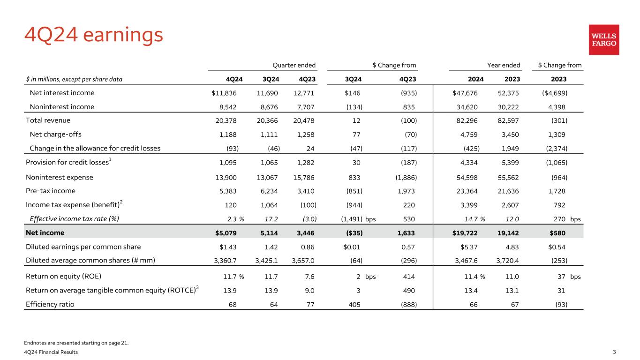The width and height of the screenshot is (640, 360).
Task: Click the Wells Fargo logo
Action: (x=603, y=40)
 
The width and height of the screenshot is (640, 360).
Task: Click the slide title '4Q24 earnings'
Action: (x=93, y=36)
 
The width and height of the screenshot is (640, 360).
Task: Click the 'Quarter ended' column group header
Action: (x=294, y=65)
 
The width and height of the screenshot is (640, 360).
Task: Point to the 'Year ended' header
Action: (x=504, y=65)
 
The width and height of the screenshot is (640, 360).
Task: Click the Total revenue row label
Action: (x=48, y=120)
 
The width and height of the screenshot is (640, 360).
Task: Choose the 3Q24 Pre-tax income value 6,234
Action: (x=267, y=191)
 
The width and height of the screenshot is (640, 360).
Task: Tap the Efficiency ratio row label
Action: (x=50, y=304)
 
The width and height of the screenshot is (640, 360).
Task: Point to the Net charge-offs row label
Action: (x=55, y=135)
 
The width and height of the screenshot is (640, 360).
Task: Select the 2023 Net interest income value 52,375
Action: (x=507, y=93)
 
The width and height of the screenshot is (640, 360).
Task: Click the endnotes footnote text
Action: (x=76, y=343)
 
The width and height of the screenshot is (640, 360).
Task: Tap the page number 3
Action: (x=615, y=352)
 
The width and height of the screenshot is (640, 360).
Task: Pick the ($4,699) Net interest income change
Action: (x=554, y=93)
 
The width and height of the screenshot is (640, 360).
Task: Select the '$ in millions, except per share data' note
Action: (x=74, y=79)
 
